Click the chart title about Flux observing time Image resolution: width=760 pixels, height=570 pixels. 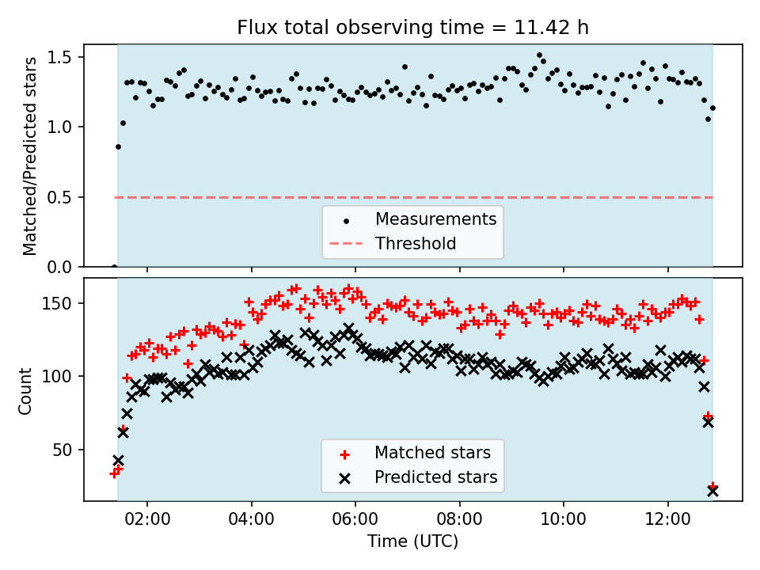pyautogui.click(x=412, y=28)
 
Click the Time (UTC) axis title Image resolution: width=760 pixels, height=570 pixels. pyautogui.click(x=412, y=541)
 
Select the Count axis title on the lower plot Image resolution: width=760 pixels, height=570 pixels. pyautogui.click(x=26, y=390)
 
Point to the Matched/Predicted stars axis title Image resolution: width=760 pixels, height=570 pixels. pyautogui.click(x=30, y=156)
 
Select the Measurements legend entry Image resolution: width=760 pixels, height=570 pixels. pyautogui.click(x=435, y=218)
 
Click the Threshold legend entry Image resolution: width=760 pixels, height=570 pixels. pyautogui.click(x=416, y=243)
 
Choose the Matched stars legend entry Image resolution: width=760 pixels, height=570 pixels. pyautogui.click(x=432, y=453)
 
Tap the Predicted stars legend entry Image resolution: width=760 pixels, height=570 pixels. pyautogui.click(x=435, y=477)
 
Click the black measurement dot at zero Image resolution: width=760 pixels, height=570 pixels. pyautogui.click(x=114, y=267)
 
